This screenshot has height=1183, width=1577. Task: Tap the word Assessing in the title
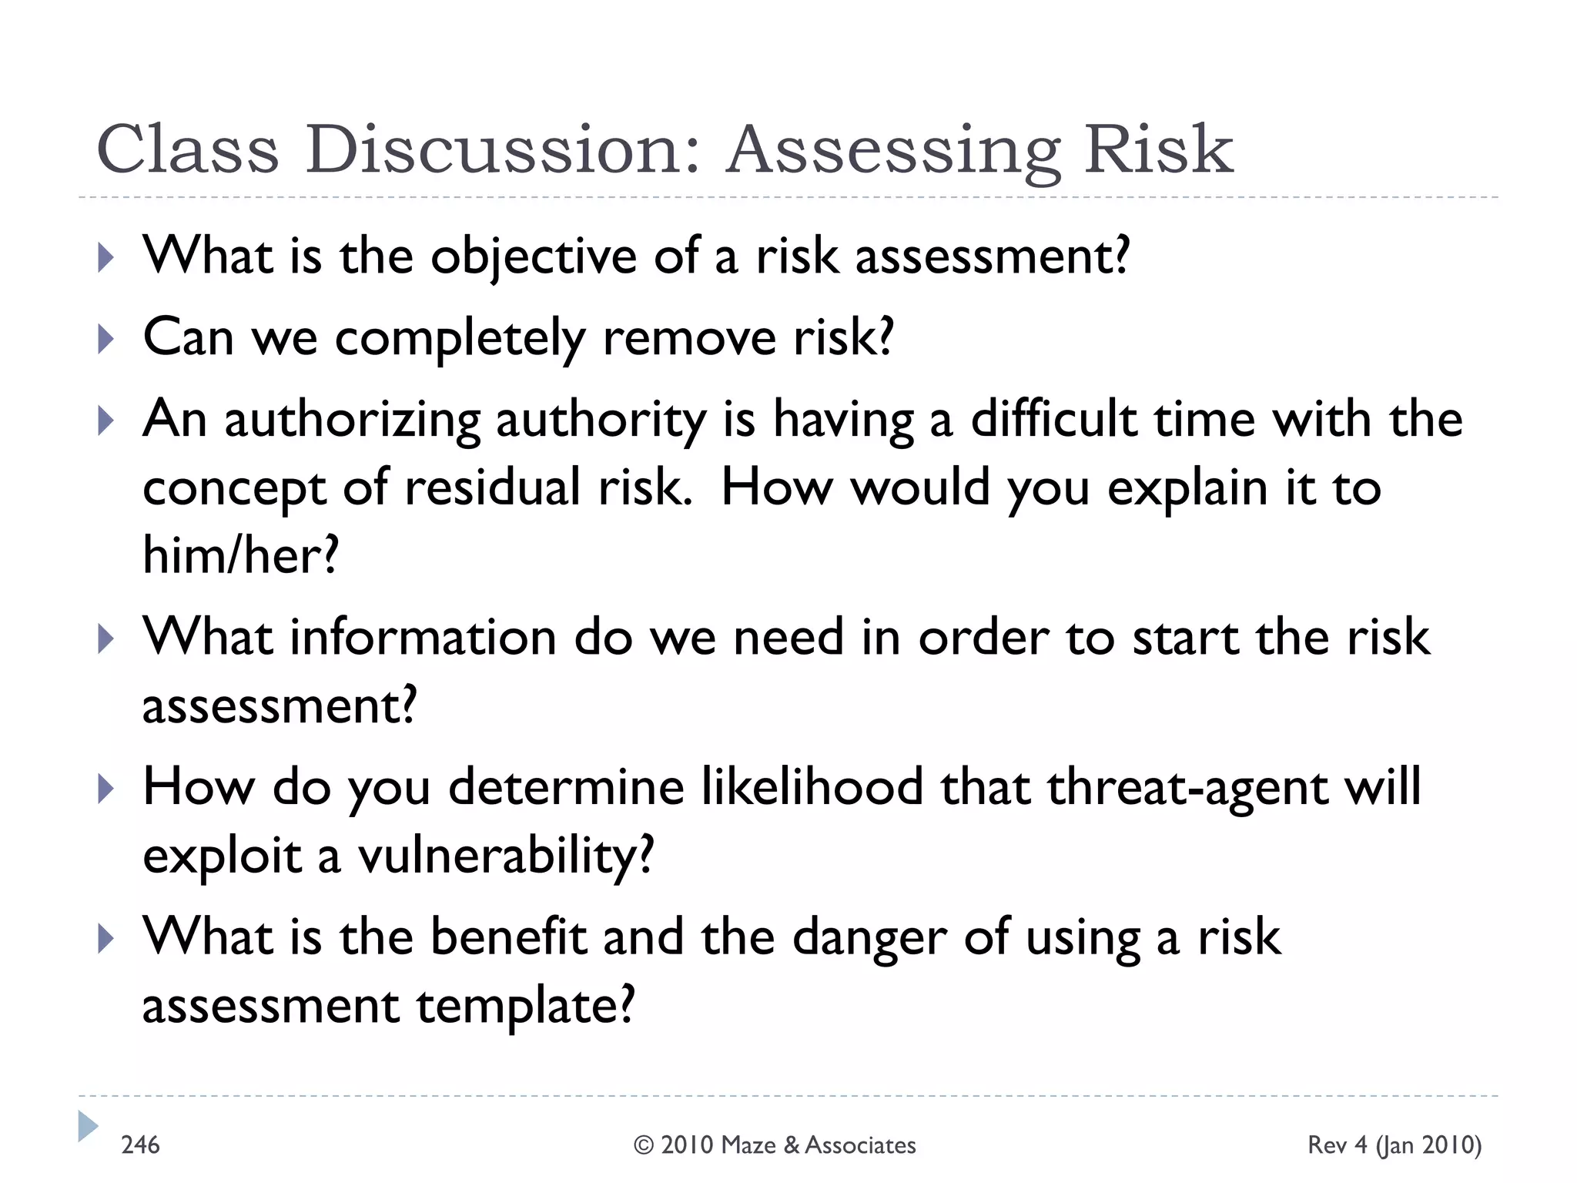click(893, 150)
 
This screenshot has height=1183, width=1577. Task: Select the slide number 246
click(140, 1145)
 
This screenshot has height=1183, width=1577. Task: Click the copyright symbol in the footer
click(643, 1145)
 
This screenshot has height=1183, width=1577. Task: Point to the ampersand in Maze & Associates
click(792, 1145)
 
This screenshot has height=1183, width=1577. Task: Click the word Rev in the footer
click(1327, 1145)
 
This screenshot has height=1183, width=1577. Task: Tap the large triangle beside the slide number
click(88, 1126)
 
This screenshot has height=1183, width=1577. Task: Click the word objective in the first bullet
click(533, 256)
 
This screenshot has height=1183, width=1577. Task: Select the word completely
click(460, 339)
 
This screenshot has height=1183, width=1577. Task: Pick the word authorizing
click(352, 421)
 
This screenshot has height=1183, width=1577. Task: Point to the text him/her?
click(241, 555)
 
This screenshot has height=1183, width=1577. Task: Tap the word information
click(423, 638)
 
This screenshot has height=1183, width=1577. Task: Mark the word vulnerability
click(505, 856)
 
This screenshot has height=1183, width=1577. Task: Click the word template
click(525, 1006)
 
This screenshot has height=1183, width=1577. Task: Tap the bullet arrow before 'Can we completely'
click(106, 340)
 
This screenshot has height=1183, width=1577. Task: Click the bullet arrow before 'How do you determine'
click(106, 789)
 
